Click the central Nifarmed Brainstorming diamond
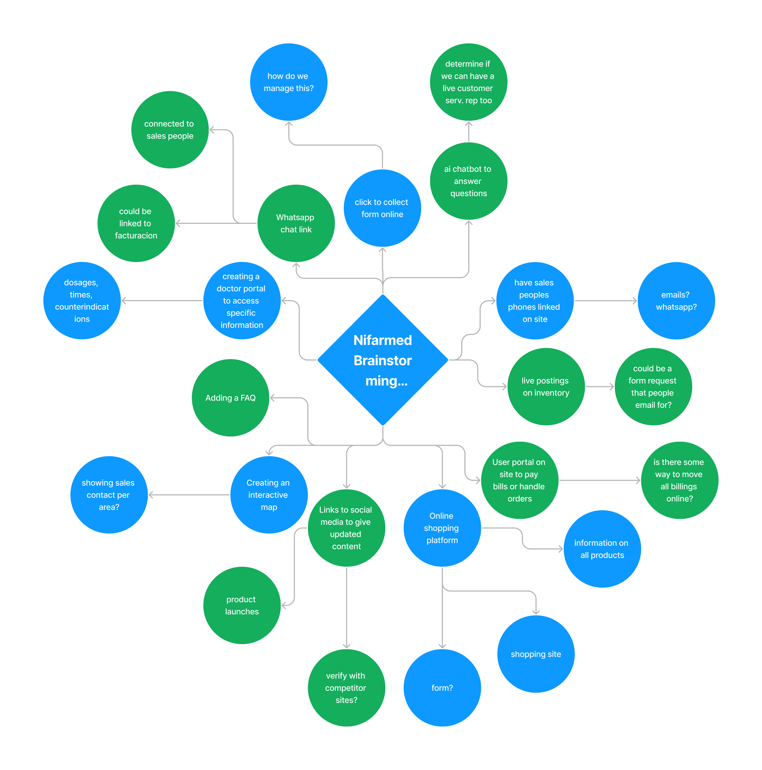(x=383, y=360)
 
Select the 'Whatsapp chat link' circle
(x=296, y=223)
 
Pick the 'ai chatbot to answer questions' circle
(x=468, y=181)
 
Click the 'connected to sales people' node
(x=170, y=129)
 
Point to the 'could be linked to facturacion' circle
(x=136, y=223)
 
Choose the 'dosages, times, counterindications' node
(x=82, y=301)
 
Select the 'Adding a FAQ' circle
(x=230, y=398)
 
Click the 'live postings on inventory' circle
(x=546, y=387)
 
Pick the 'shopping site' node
(x=536, y=654)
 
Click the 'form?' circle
(x=442, y=688)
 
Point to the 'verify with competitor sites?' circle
(x=346, y=688)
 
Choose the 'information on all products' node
(x=602, y=549)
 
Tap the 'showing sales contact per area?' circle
(x=109, y=495)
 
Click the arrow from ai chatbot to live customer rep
(x=468, y=132)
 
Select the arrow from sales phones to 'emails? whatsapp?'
(x=605, y=301)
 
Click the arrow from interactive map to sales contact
(x=189, y=495)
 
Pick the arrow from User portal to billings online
(x=599, y=481)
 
